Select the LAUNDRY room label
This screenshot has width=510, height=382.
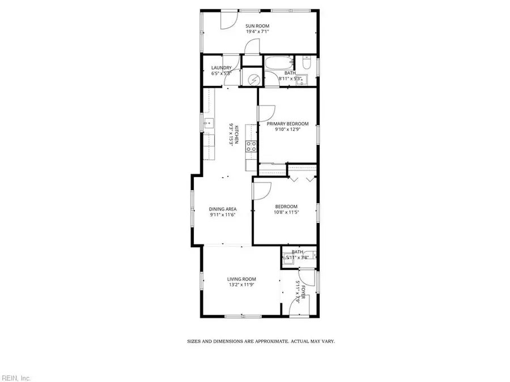click(x=221, y=68)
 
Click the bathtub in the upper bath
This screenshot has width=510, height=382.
click(x=278, y=63)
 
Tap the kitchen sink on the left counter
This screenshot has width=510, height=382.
click(x=208, y=122)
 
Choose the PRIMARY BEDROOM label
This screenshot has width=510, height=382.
click(x=288, y=124)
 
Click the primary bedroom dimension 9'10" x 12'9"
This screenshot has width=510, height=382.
click(x=288, y=130)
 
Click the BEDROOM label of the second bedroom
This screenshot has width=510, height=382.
click(x=286, y=207)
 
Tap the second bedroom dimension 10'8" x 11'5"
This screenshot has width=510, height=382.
click(x=286, y=212)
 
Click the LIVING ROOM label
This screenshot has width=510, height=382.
click(x=242, y=279)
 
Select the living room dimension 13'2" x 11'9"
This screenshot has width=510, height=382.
click(x=242, y=285)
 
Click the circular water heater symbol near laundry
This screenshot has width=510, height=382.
click(x=250, y=79)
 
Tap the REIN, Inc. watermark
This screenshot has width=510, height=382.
click(x=16, y=377)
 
